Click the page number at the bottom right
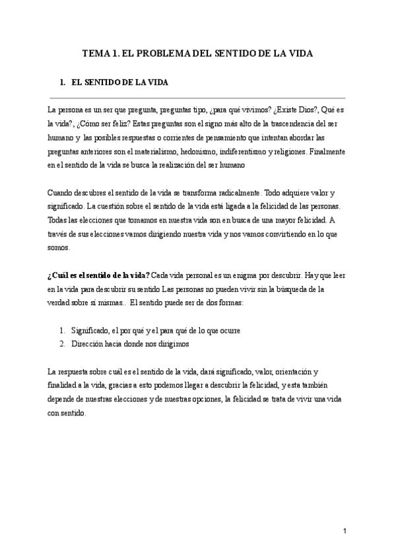click(x=345, y=531)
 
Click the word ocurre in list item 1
click(x=228, y=330)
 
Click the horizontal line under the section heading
click(x=197, y=96)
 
